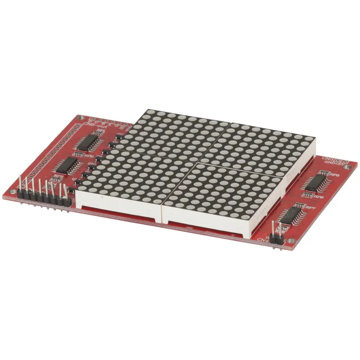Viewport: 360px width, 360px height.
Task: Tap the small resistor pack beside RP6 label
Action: click(309, 195)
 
